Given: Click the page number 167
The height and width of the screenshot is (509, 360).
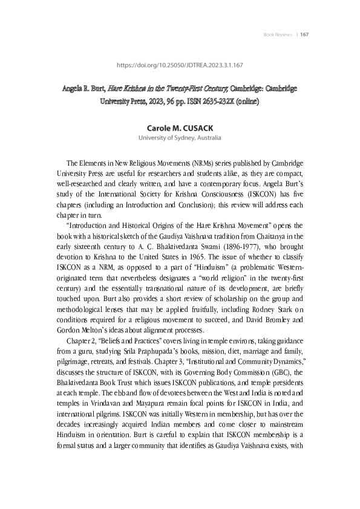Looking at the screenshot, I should (x=304, y=34).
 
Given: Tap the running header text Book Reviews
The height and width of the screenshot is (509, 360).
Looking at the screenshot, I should (x=277, y=34).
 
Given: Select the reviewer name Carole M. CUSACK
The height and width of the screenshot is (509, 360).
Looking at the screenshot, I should (x=180, y=129).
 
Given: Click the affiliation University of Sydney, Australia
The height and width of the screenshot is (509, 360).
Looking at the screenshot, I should (x=180, y=138).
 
